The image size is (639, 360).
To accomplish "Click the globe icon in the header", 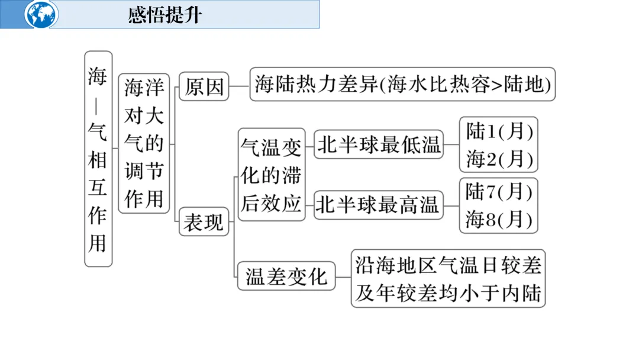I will [x=42, y=14].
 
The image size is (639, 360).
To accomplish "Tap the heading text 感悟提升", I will [x=164, y=15].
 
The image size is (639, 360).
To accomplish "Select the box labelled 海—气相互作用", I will [x=98, y=158].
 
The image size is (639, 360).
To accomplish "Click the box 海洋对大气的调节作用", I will [x=144, y=143].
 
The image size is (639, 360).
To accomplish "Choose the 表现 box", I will [x=204, y=223].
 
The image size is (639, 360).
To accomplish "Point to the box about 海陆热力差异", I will [x=402, y=85].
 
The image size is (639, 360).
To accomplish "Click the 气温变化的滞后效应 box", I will [x=272, y=174].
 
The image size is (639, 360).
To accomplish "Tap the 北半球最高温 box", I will [x=379, y=205].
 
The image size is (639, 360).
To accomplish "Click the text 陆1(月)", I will [x=499, y=131].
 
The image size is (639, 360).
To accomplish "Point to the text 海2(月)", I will [x=499, y=158].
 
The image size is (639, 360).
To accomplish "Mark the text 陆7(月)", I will [x=499, y=191].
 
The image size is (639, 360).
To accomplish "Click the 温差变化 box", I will [x=286, y=276].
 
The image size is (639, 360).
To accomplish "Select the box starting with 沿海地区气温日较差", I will [x=448, y=278].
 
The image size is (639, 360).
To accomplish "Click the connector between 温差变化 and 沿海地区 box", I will [x=343, y=277].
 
